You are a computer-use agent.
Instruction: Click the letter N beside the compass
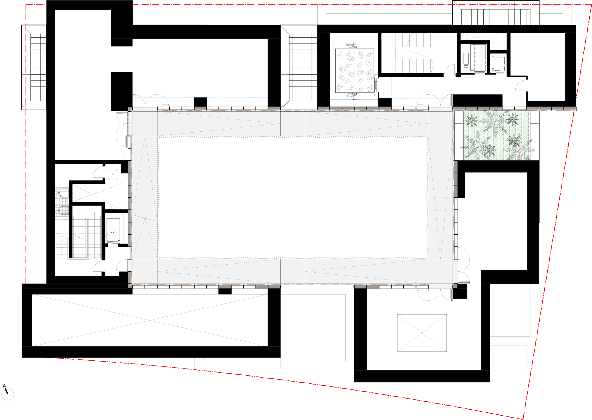[x=4, y=386]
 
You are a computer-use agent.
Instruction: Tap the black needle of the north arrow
[x=6, y=392]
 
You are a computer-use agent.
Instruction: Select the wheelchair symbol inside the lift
[x=113, y=230]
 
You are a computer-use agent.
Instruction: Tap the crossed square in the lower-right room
[x=422, y=333]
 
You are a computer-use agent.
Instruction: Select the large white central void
[x=292, y=197]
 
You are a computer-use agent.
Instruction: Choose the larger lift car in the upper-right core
[x=478, y=57]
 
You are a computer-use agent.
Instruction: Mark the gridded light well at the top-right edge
[x=496, y=17]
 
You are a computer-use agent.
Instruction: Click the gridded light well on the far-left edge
[x=38, y=67]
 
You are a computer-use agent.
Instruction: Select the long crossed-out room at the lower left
[x=149, y=320]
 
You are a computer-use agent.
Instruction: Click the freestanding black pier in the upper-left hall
[x=121, y=89]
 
